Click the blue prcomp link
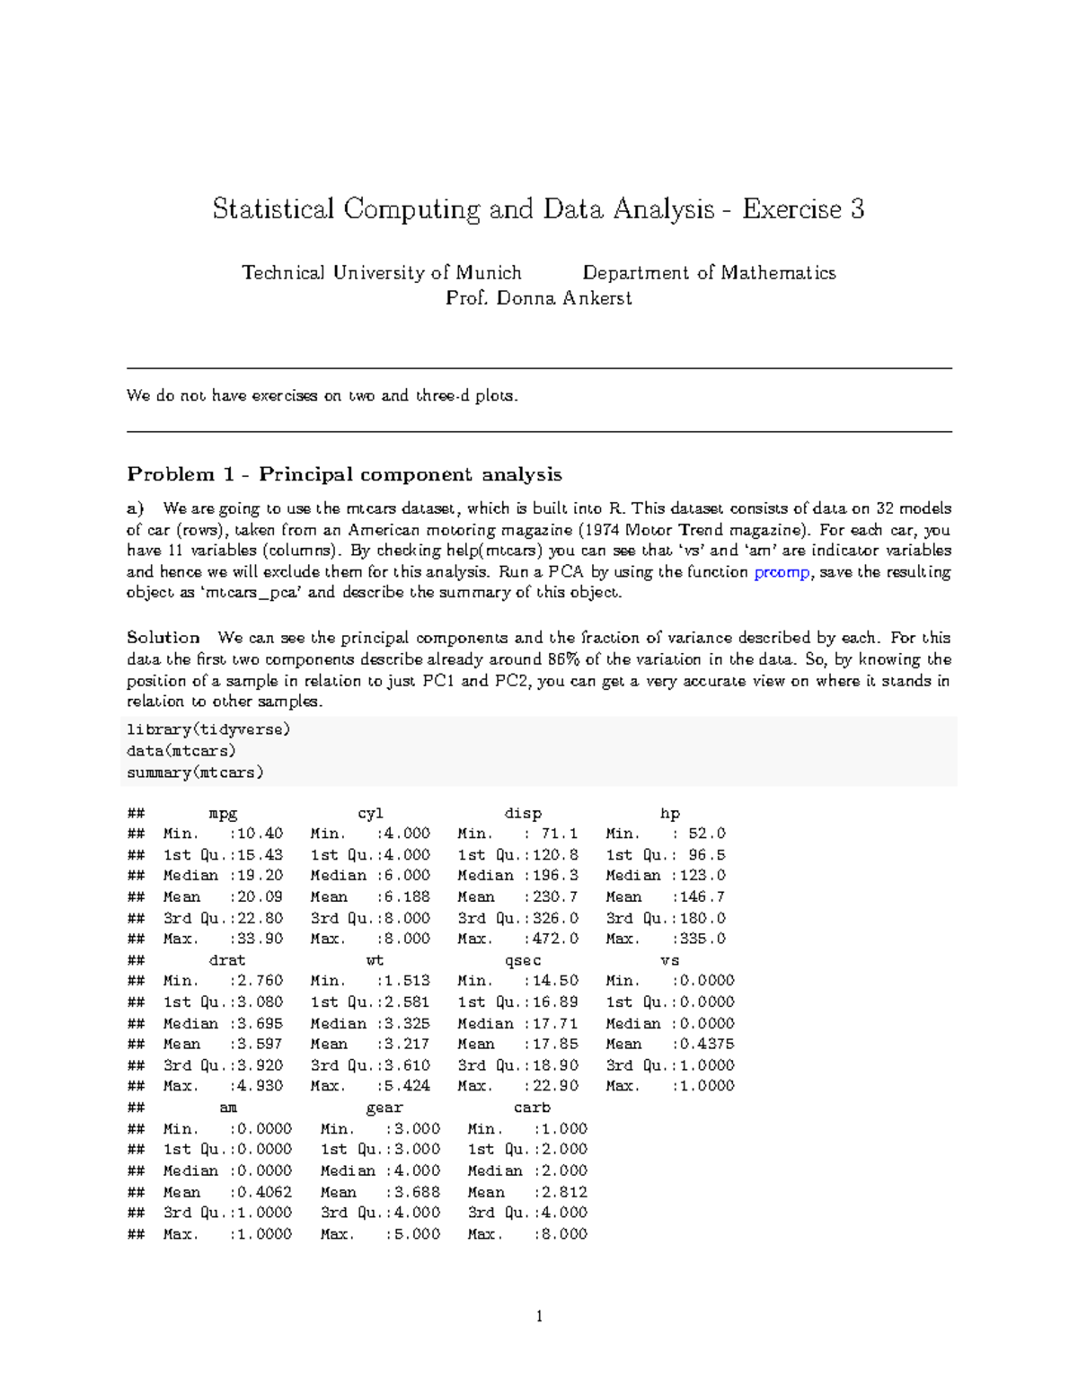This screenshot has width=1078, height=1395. tap(782, 572)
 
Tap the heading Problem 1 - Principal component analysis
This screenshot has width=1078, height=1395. tap(344, 474)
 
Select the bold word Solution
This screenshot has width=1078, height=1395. tap(163, 638)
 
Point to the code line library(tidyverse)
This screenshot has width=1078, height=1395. tap(208, 729)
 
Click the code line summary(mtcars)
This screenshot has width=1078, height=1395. tap(195, 773)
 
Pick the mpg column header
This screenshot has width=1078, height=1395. tap(223, 814)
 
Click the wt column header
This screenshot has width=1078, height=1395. tap(375, 960)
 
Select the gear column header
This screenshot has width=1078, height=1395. tap(384, 1108)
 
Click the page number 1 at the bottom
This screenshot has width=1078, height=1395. tap(539, 1317)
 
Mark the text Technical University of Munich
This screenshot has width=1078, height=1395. tap(382, 273)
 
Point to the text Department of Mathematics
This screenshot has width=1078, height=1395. tap(709, 273)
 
